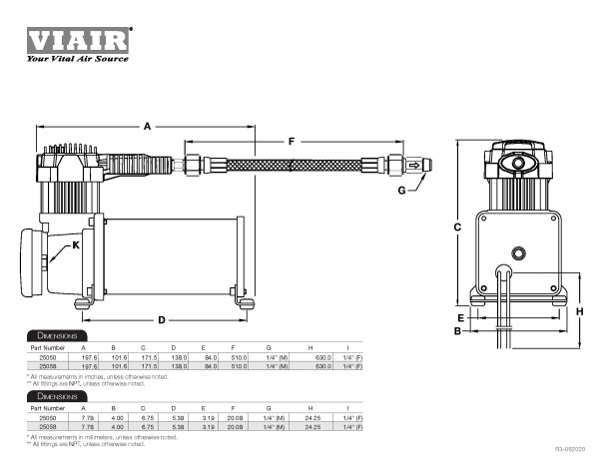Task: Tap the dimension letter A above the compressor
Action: pyautogui.click(x=146, y=127)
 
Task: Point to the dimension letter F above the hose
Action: pyautogui.click(x=292, y=142)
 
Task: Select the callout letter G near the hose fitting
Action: pyautogui.click(x=401, y=190)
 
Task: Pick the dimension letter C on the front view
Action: pyautogui.click(x=456, y=228)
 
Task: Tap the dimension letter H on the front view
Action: pyautogui.click(x=579, y=310)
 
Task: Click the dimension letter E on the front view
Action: pyautogui.click(x=462, y=318)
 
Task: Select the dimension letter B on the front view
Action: pyautogui.click(x=456, y=330)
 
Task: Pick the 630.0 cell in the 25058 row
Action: pyautogui.click(x=324, y=366)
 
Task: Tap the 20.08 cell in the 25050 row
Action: pyautogui.click(x=239, y=419)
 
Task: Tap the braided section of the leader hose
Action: pyautogui.click(x=290, y=166)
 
